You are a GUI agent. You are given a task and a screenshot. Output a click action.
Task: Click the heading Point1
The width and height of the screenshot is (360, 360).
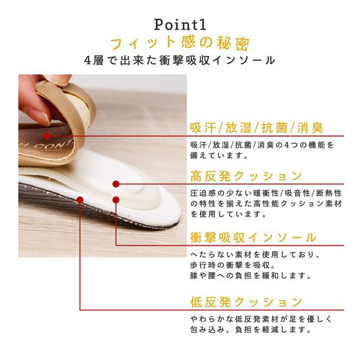pyautogui.click(x=180, y=24)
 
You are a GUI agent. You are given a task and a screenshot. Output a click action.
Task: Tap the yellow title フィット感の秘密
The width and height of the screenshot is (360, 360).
pyautogui.click(x=180, y=43)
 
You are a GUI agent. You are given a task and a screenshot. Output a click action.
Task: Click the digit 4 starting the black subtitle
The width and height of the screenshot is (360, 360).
pyautogui.click(x=88, y=60)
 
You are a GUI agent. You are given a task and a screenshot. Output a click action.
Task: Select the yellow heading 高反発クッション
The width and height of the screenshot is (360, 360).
pyautogui.click(x=246, y=176)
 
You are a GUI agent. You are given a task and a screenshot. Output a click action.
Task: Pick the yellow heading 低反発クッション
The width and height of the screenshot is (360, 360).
pyautogui.click(x=246, y=302)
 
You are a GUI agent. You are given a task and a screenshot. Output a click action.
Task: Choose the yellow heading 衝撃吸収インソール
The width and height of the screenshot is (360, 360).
pyautogui.click(x=253, y=238)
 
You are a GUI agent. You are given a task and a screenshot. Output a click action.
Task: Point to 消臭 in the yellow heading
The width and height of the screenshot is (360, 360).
pyautogui.click(x=310, y=127)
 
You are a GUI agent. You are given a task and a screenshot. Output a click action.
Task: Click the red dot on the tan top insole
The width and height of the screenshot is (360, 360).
pyautogui.click(x=48, y=136)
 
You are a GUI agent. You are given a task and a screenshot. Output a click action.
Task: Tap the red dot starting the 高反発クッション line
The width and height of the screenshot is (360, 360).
pyautogui.click(x=116, y=184)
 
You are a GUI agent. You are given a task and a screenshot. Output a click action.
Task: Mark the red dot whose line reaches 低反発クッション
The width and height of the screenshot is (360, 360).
pyautogui.click(x=80, y=200)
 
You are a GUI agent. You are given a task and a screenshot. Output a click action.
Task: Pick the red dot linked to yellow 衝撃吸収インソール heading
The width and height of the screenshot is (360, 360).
pyautogui.click(x=116, y=199)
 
